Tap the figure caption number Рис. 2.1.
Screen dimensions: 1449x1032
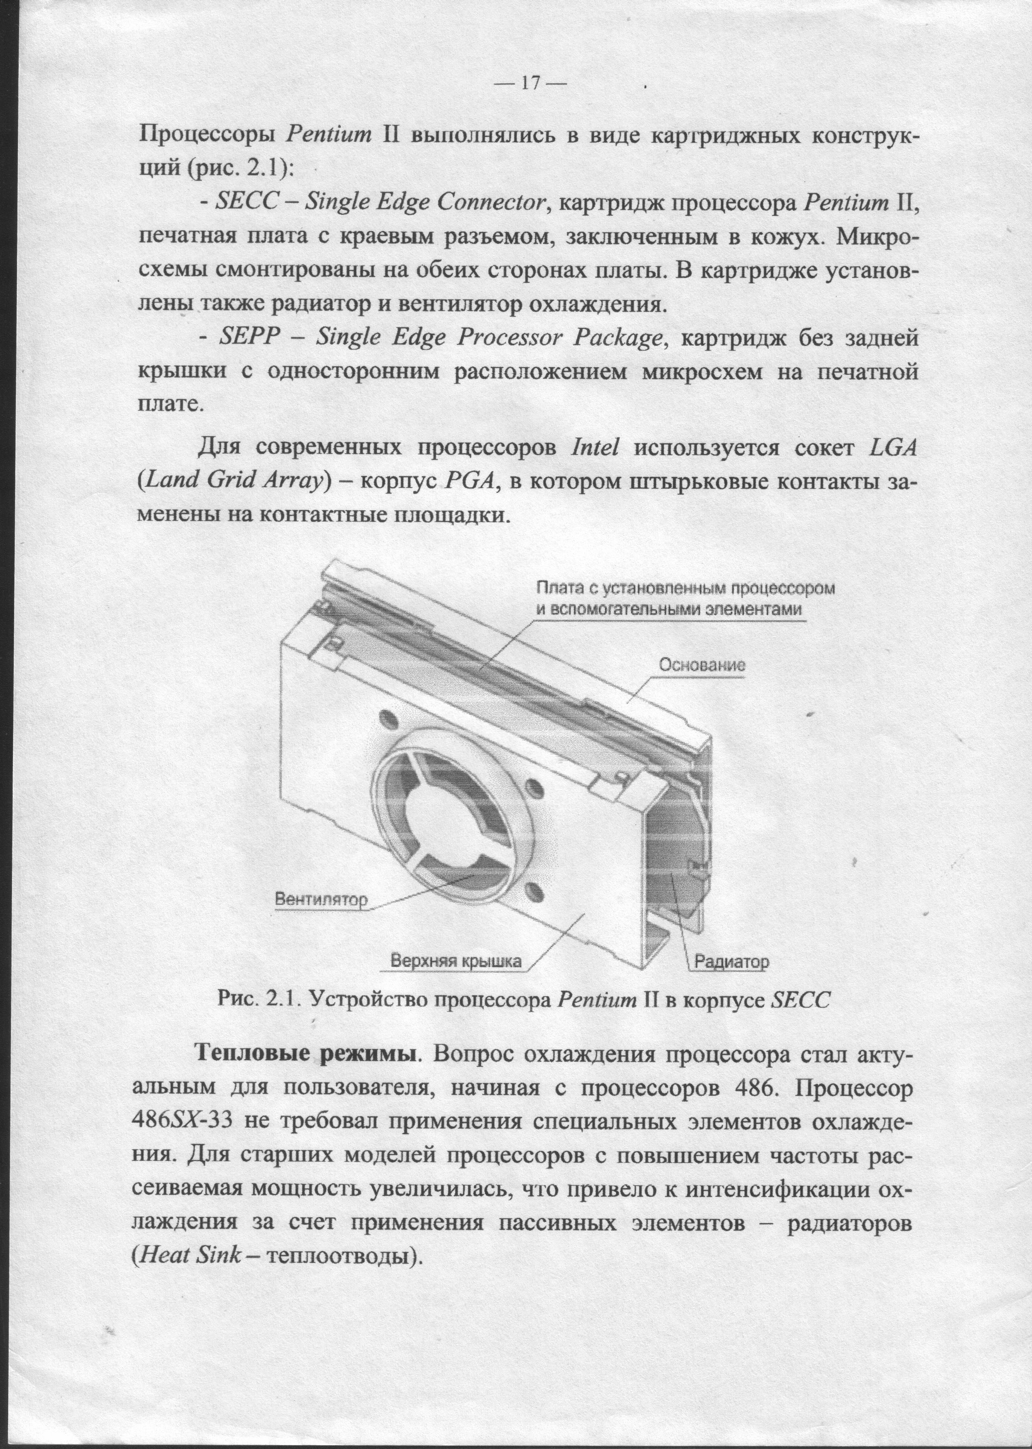(x=257, y=999)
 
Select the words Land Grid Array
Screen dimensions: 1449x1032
(x=230, y=482)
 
